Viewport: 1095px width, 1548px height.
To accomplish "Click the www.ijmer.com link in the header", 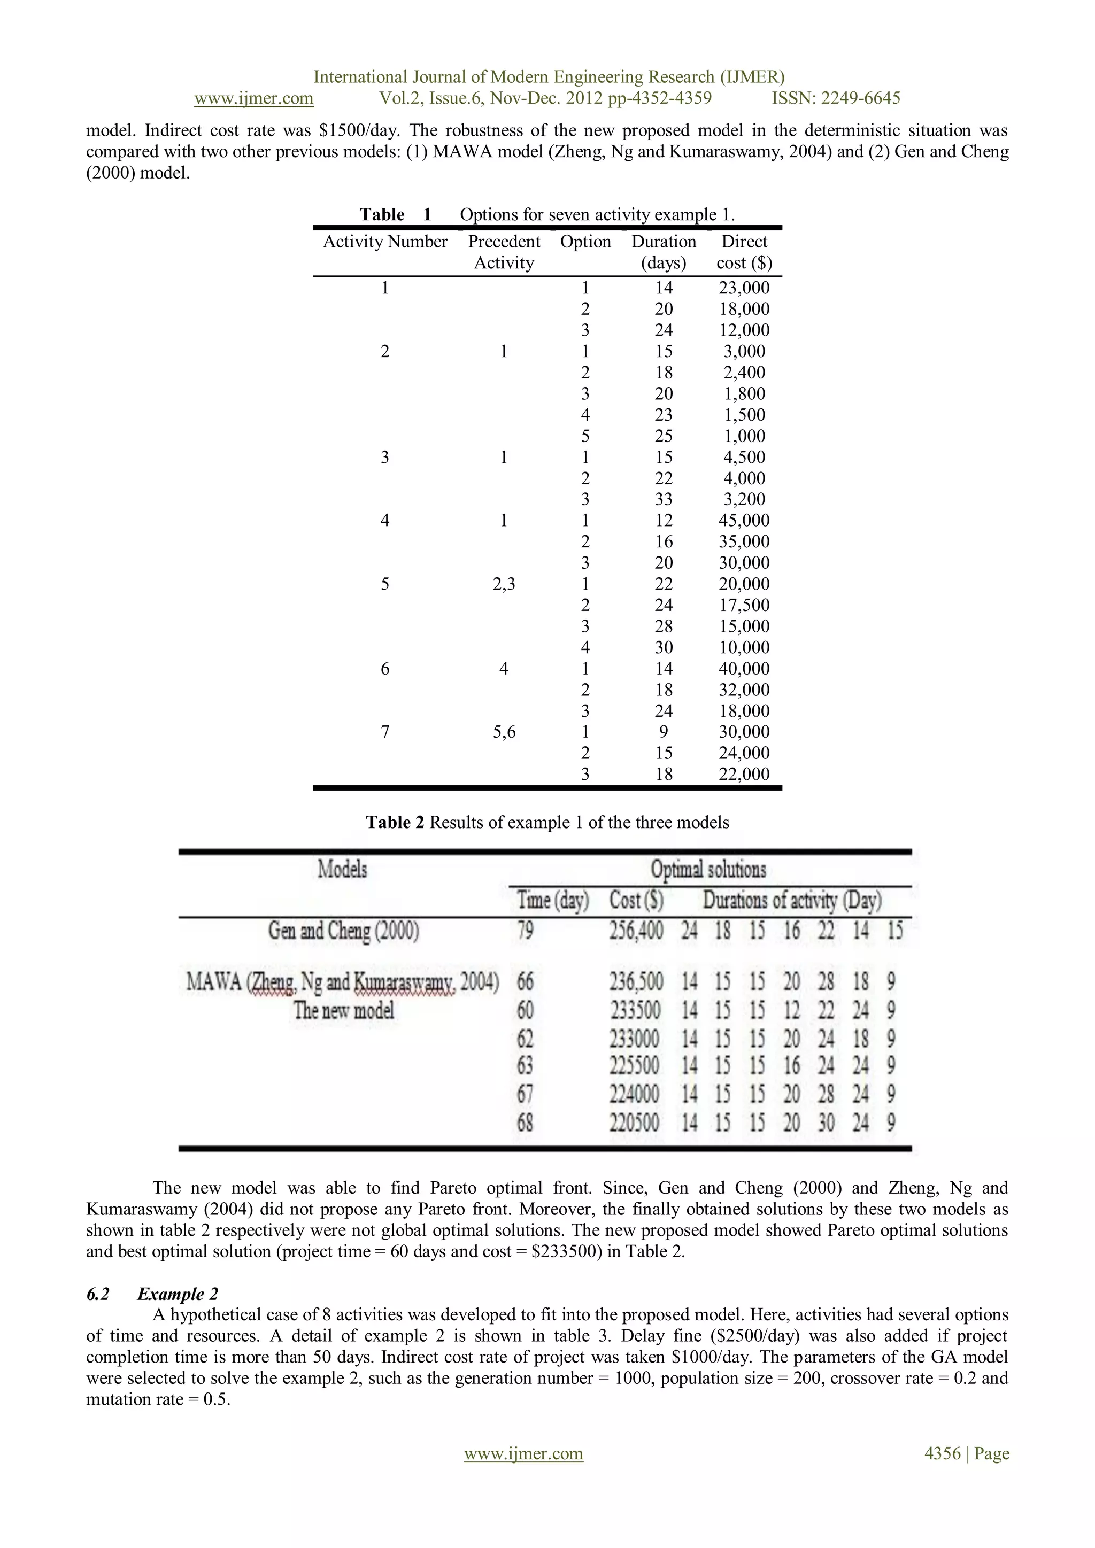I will (x=253, y=98).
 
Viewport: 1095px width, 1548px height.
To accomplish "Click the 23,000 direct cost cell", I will (x=744, y=288).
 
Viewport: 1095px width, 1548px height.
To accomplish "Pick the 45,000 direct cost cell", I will (x=744, y=521).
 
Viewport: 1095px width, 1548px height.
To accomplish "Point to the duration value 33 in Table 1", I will (x=664, y=500).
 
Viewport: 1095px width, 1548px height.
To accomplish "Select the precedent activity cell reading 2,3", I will (x=504, y=584).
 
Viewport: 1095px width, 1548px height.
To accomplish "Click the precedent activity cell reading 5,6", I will (x=504, y=732).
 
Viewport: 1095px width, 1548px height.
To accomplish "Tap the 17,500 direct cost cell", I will (x=744, y=606).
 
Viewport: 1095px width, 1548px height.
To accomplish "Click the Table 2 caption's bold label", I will (x=395, y=823).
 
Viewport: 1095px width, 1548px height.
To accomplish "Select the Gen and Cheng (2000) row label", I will (x=343, y=931).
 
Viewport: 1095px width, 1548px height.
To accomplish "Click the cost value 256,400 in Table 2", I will (x=636, y=931).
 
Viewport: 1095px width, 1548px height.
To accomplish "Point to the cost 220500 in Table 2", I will (x=635, y=1123).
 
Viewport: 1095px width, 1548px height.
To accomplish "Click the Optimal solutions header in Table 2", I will (x=708, y=870).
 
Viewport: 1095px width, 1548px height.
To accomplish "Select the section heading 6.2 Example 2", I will (x=152, y=1294).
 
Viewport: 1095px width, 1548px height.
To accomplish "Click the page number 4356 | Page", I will (x=966, y=1453).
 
